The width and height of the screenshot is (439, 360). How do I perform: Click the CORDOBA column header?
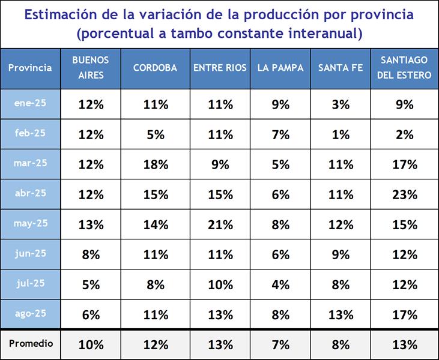click(x=156, y=68)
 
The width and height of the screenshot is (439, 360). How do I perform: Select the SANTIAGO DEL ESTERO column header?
click(x=405, y=68)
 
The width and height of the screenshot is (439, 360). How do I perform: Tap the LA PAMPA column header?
click(x=280, y=68)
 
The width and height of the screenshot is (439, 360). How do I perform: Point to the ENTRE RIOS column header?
click(x=220, y=68)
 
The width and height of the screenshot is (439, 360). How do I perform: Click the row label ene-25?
click(x=30, y=103)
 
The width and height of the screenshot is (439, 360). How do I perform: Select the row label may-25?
click(x=30, y=224)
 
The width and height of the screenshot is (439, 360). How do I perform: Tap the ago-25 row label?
click(x=30, y=313)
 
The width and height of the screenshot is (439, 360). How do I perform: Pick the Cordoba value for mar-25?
click(x=156, y=164)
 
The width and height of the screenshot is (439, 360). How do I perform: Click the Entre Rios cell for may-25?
click(x=220, y=225)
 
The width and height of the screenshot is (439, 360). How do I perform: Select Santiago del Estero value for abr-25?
click(x=405, y=195)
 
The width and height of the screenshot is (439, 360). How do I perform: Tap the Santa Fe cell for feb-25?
click(x=341, y=134)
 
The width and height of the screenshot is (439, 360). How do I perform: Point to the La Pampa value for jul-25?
click(x=280, y=285)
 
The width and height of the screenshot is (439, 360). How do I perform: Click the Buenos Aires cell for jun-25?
click(x=91, y=255)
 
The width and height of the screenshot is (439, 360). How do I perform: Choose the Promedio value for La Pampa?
click(x=280, y=345)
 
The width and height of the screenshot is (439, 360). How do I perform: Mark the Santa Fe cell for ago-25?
click(x=341, y=315)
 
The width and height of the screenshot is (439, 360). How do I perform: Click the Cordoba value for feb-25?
click(x=156, y=134)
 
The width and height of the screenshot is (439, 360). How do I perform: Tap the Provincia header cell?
click(x=30, y=68)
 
